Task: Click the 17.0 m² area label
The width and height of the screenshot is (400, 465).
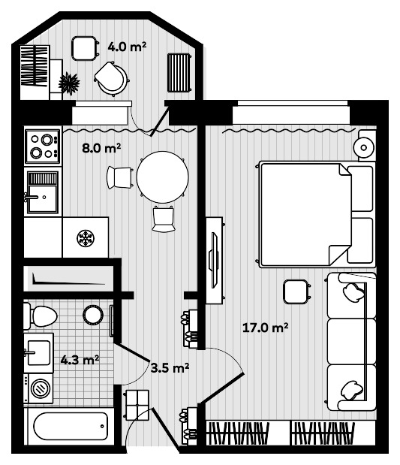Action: (266, 328)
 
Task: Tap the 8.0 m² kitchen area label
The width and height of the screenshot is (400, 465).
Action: (101, 149)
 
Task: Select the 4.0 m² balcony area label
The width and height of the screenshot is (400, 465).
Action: (127, 47)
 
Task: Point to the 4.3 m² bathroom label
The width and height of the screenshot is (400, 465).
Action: (80, 360)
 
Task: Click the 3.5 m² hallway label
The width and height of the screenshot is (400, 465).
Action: (169, 367)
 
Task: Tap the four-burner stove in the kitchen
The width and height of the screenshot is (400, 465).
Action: (42, 146)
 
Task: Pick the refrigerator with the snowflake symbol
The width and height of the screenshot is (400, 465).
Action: (86, 238)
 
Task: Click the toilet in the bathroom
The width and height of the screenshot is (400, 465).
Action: (41, 316)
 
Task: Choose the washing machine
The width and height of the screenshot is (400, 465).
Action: (38, 388)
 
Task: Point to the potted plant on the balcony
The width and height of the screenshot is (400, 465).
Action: (69, 83)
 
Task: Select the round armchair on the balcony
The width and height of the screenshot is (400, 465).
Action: (112, 77)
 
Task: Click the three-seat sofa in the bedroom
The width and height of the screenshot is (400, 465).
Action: (350, 341)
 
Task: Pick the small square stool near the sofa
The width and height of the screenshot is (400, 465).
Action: (295, 291)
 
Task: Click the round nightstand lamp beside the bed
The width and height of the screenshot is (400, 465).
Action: (366, 145)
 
